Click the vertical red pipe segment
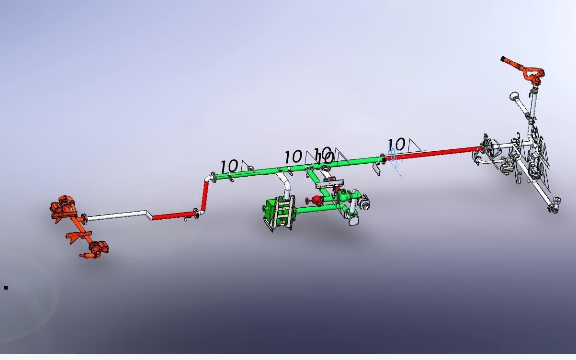click(x=205, y=196)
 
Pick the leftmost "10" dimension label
click(x=229, y=166)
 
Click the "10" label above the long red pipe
click(x=396, y=144)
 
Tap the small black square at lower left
click(x=6, y=288)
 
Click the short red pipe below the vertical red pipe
click(x=172, y=216)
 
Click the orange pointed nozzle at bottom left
click(x=85, y=256)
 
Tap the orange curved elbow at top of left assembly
click(x=64, y=200)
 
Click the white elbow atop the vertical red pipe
click(x=209, y=178)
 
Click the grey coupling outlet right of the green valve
click(x=365, y=204)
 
